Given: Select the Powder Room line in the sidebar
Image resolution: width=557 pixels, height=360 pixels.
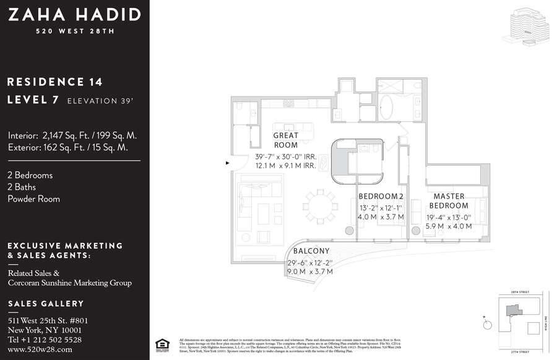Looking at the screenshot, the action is [x=34, y=199].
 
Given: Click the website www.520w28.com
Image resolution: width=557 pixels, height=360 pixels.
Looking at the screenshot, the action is [x=40, y=349].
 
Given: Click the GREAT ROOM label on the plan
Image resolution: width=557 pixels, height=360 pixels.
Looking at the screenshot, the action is [x=285, y=140].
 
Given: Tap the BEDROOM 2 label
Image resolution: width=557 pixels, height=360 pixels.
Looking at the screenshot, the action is [x=381, y=197].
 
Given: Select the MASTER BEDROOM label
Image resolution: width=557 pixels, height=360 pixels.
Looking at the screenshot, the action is [x=449, y=201].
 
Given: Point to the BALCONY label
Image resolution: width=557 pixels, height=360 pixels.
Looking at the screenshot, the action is [x=311, y=251].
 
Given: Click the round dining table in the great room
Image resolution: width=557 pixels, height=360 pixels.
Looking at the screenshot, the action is [x=318, y=204].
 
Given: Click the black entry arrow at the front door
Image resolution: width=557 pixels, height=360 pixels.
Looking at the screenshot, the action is [x=228, y=163].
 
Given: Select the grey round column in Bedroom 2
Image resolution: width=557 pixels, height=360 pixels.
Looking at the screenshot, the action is [x=349, y=231].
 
